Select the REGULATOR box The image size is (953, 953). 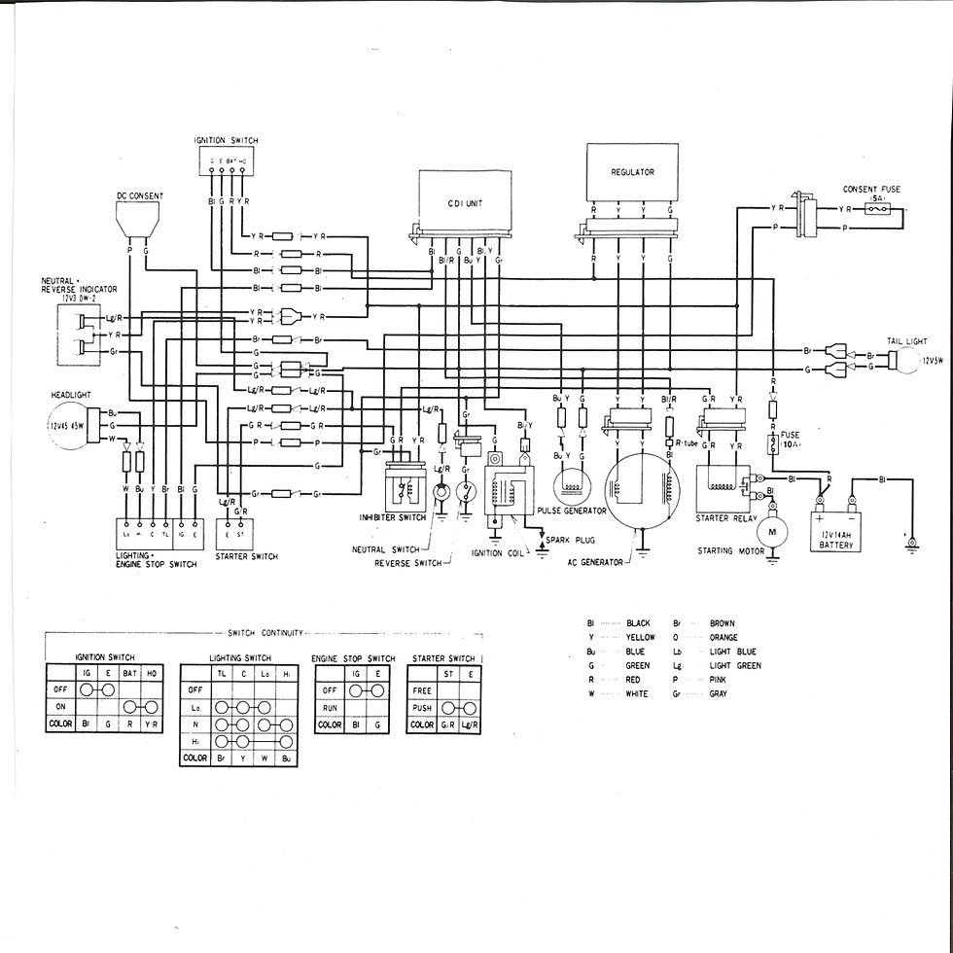632,173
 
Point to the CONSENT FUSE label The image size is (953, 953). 871,189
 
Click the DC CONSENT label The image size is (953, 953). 140,195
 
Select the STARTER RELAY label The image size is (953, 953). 725,519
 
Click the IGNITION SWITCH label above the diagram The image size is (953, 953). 226,140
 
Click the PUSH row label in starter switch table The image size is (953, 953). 422,708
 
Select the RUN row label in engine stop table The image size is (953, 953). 330,708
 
